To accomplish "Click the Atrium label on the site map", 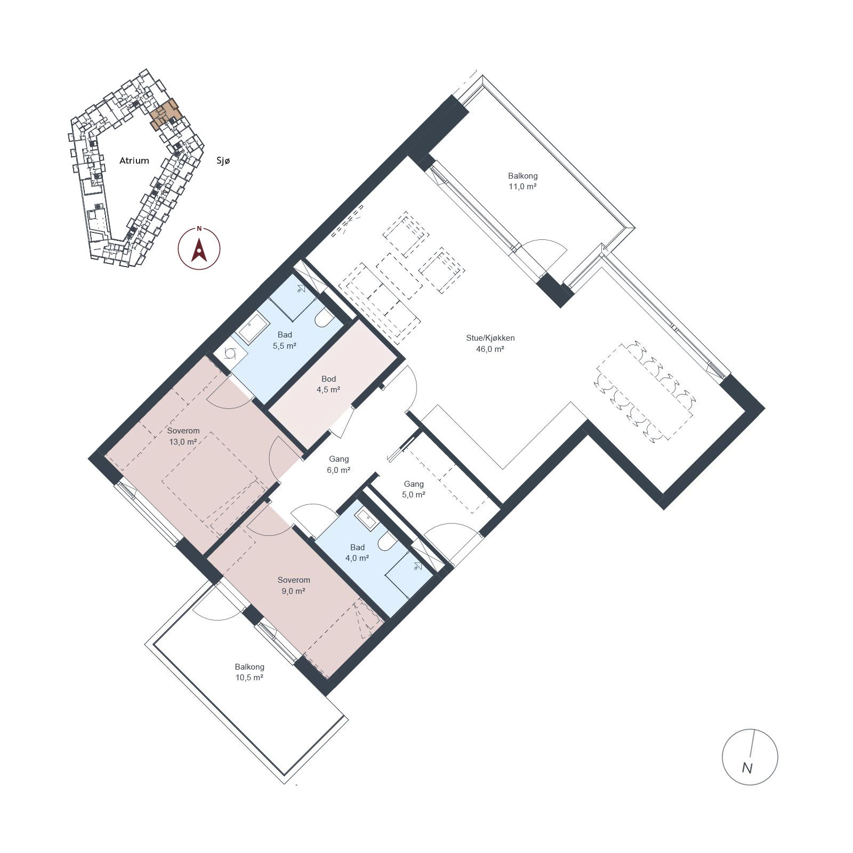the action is pyautogui.click(x=134, y=160).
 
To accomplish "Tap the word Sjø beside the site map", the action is pyautogui.click(x=223, y=160).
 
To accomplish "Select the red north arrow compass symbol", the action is pyautogui.click(x=199, y=248).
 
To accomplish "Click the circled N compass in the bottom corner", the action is pyautogui.click(x=750, y=757).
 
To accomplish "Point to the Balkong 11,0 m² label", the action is pyautogui.click(x=522, y=181).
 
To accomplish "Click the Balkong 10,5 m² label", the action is pyautogui.click(x=250, y=672).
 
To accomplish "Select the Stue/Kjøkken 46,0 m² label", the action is pyautogui.click(x=490, y=343).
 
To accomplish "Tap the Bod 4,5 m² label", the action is pyautogui.click(x=328, y=384).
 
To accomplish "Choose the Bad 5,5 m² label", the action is pyautogui.click(x=285, y=340).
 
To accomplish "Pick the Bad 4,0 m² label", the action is pyautogui.click(x=357, y=553).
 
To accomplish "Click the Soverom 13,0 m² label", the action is pyautogui.click(x=183, y=436).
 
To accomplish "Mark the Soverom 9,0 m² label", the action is pyautogui.click(x=294, y=585).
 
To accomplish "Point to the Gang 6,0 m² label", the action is pyautogui.click(x=339, y=464).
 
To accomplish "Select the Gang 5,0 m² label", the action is pyautogui.click(x=414, y=489).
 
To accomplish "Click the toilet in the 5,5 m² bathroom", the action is pyautogui.click(x=324, y=318).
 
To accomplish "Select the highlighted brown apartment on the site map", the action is pyautogui.click(x=166, y=113).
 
